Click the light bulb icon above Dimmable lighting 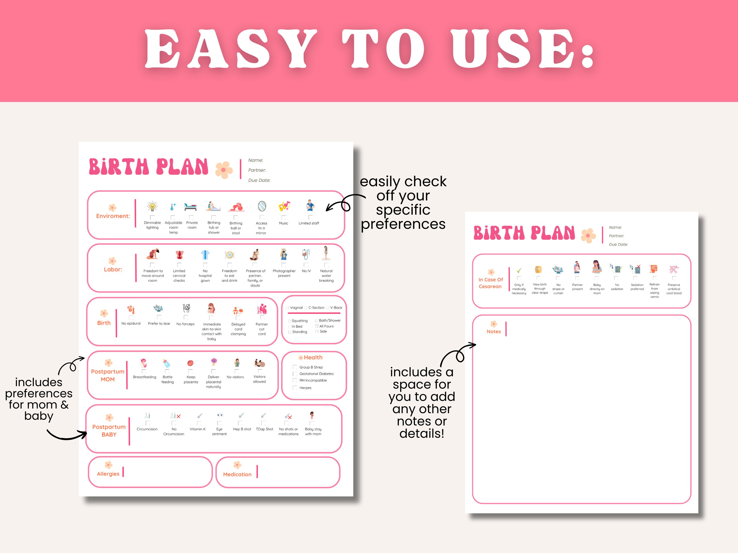(x=152, y=207)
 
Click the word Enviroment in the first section (x=113, y=216)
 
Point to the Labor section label (x=113, y=269)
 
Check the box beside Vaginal (x=287, y=308)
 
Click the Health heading (x=313, y=357)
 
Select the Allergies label (x=108, y=474)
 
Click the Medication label (x=237, y=474)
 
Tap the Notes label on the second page (x=493, y=331)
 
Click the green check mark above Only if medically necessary (x=519, y=270)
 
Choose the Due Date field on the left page (x=259, y=180)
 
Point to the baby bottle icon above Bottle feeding (x=166, y=363)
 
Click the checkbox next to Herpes (x=295, y=388)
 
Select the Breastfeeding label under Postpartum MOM (x=145, y=377)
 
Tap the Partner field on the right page (x=616, y=236)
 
